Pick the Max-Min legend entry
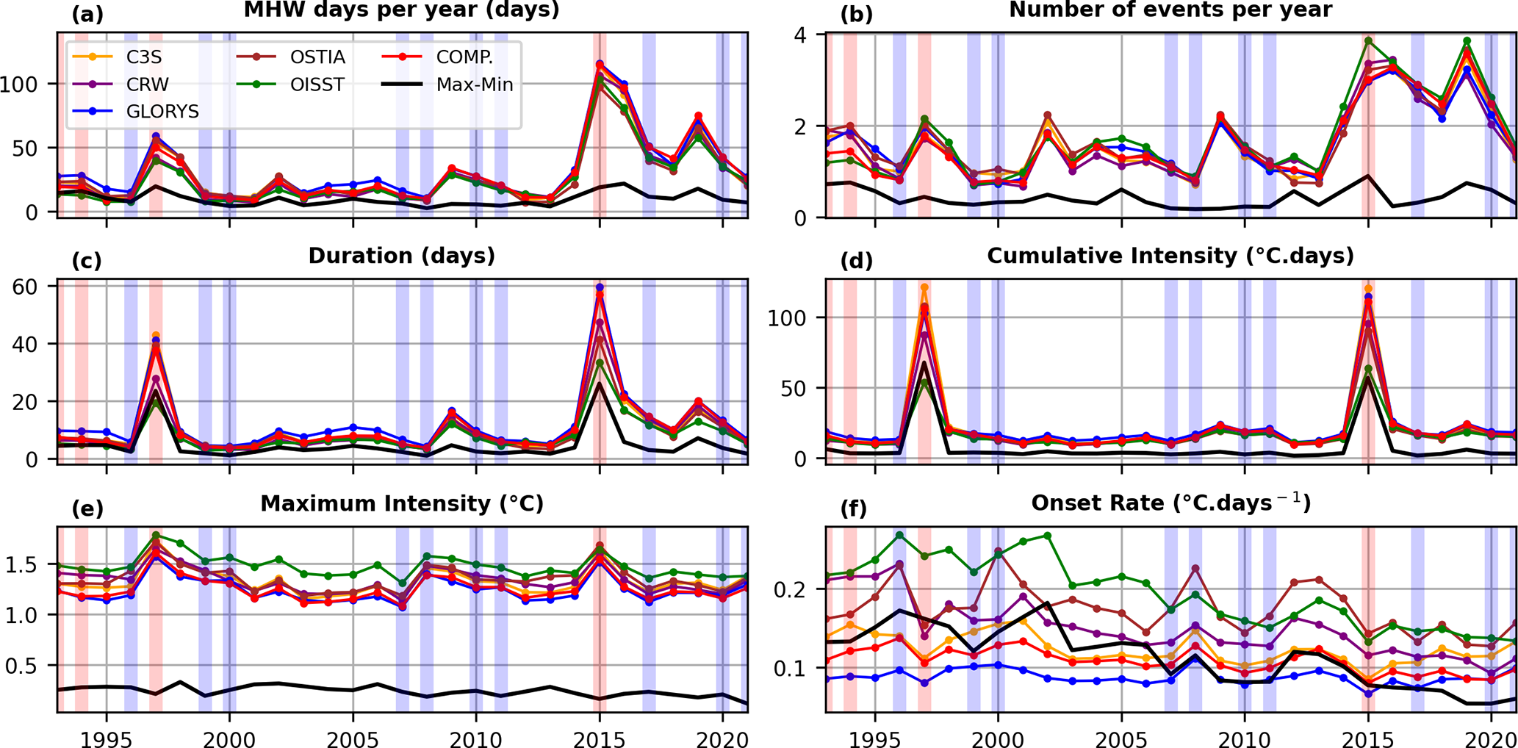pos(475,84)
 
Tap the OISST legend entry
pos(317,84)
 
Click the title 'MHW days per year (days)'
pos(401,10)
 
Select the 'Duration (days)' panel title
pos(401,256)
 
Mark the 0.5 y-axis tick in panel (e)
pos(29,666)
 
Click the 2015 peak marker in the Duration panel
pos(600,287)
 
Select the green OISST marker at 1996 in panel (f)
pos(899,536)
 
